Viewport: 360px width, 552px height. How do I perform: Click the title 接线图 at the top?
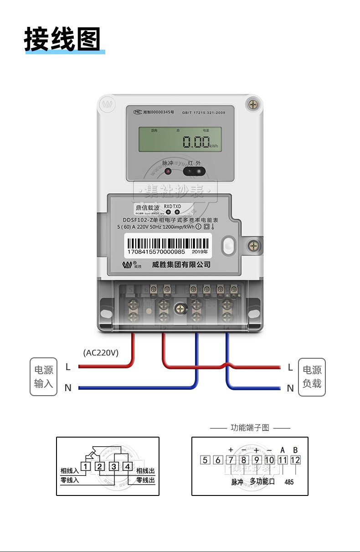(62, 39)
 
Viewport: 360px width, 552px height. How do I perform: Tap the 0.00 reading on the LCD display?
(196, 142)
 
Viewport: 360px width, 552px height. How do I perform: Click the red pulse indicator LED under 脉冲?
(168, 172)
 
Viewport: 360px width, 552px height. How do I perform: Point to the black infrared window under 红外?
(194, 171)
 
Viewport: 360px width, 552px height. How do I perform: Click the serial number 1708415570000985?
(156, 252)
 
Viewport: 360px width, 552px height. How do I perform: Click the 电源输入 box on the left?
(44, 377)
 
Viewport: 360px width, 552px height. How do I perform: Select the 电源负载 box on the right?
(312, 377)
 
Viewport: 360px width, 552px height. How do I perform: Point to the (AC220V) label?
(101, 352)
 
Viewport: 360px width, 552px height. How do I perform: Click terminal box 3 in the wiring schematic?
(114, 466)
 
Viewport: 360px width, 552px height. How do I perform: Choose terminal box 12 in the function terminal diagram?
(295, 460)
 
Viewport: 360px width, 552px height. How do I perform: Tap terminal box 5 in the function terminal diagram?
(205, 460)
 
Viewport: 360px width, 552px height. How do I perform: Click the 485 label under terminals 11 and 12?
(289, 482)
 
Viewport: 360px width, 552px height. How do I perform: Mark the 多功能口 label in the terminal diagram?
(262, 481)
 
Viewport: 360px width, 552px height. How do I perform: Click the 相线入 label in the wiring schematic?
(70, 471)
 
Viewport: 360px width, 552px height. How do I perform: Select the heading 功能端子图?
(250, 428)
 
